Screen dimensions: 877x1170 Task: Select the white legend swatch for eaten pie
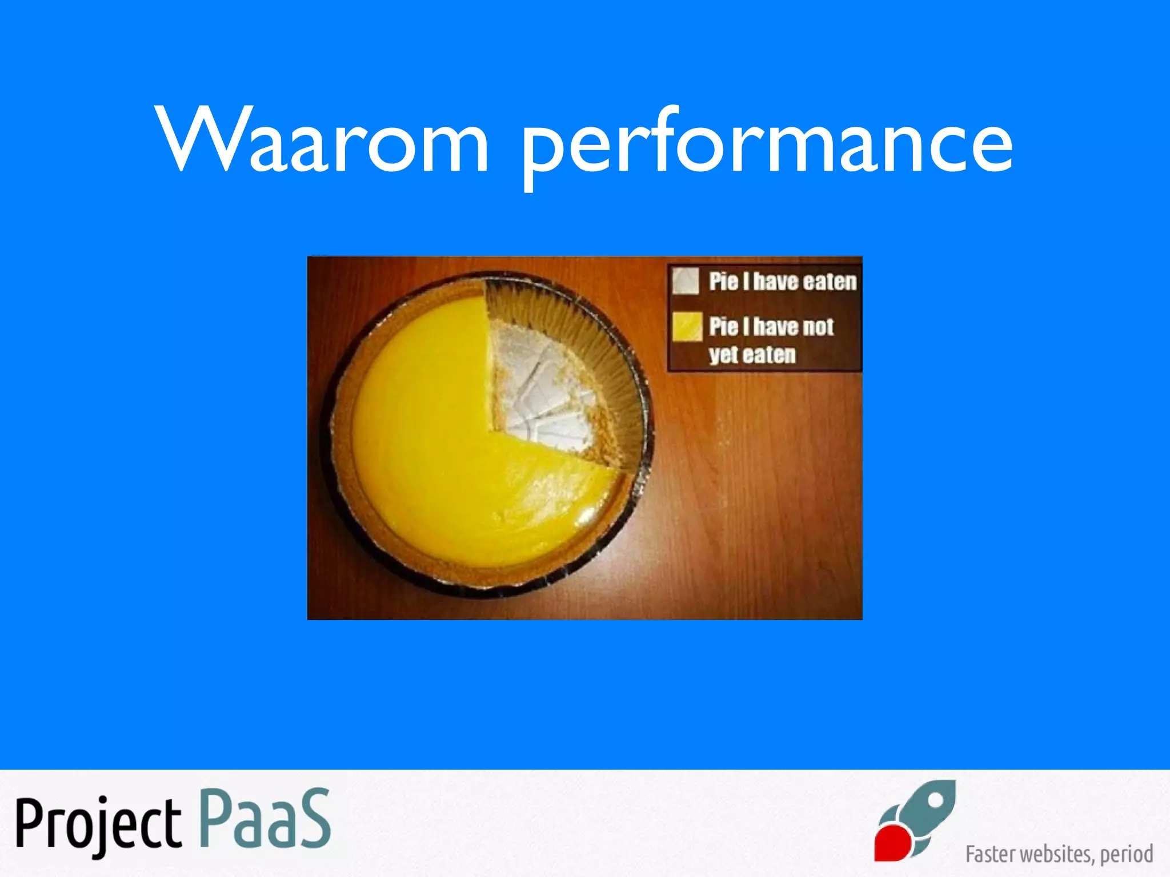686,281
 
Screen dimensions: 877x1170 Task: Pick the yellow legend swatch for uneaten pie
687,327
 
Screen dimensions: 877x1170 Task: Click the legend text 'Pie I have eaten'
783,281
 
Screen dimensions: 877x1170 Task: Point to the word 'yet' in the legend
723,355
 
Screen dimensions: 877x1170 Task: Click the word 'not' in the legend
816,327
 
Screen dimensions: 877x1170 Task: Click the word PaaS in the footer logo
266,819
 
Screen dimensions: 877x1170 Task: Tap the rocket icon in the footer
917,820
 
